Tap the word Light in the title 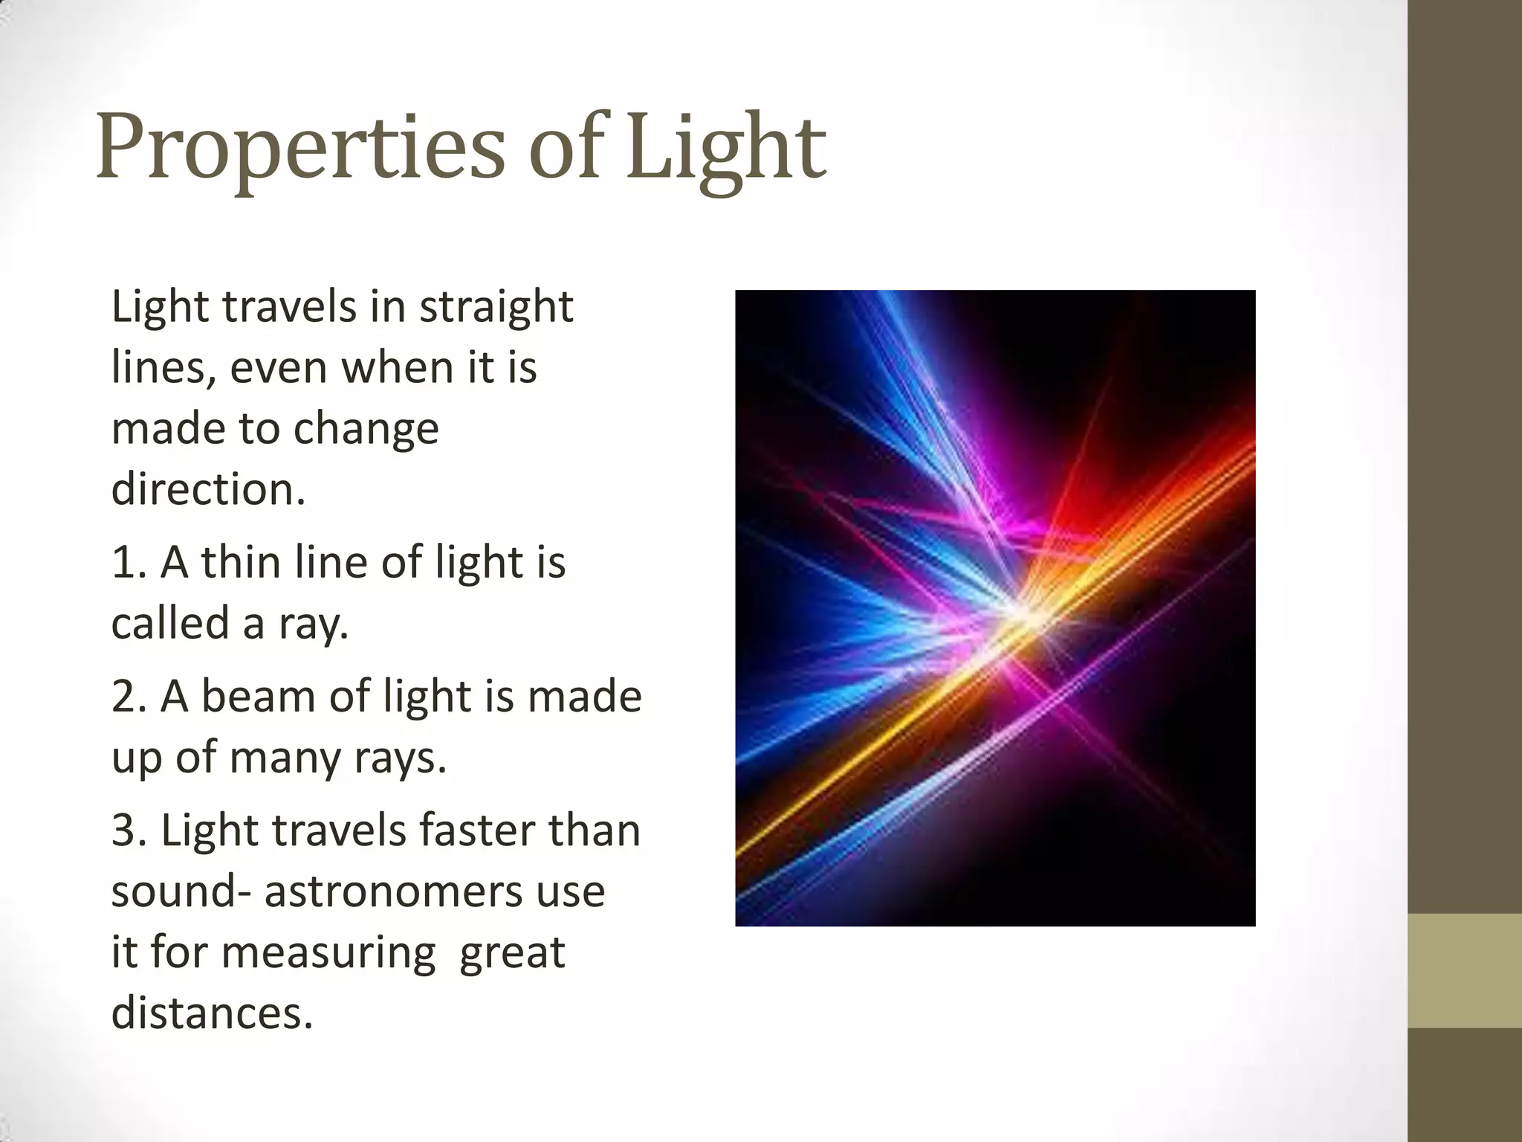(x=725, y=149)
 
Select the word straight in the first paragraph (x=496, y=308)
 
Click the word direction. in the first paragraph (x=208, y=490)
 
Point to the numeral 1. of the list (x=132, y=563)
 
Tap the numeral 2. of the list (x=132, y=697)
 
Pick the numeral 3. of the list (x=132, y=831)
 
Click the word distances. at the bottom (x=212, y=1014)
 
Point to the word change (x=366, y=430)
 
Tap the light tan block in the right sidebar (x=1464, y=970)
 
